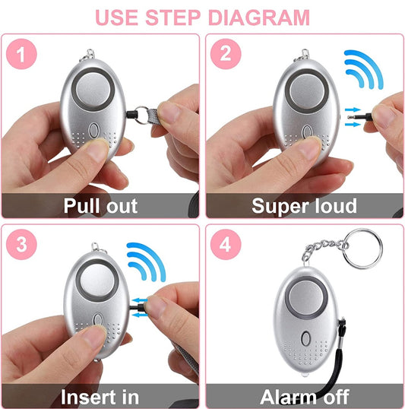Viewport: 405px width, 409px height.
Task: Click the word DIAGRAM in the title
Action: [259, 17]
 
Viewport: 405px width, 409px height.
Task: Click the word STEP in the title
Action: [173, 17]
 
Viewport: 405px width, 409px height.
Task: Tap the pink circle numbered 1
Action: [21, 54]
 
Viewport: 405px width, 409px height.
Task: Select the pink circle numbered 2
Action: [226, 54]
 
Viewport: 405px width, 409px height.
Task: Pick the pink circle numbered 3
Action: [21, 244]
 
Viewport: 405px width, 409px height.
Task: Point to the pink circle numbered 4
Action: [226, 244]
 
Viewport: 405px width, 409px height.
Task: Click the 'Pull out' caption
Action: [100, 206]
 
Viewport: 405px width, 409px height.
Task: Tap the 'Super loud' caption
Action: [305, 206]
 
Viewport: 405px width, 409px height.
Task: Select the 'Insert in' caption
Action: [100, 397]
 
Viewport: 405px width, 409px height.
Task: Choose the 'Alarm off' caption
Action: [305, 397]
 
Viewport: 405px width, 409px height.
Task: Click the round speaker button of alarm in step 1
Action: [93, 89]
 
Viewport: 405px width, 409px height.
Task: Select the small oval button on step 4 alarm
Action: [305, 338]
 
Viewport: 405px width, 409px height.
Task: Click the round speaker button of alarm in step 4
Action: [306, 297]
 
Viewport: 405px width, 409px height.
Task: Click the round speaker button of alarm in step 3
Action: [97, 281]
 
